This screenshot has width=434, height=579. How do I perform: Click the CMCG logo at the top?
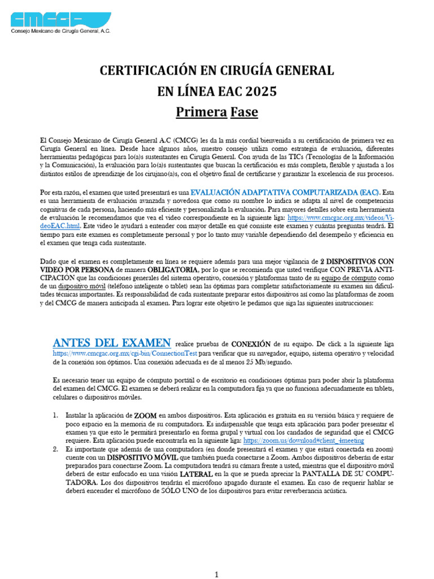point(61,20)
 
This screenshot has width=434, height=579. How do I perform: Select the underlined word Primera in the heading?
point(201,112)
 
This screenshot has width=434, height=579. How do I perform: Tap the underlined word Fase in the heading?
point(244,112)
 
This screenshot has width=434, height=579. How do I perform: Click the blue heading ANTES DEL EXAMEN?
point(112,343)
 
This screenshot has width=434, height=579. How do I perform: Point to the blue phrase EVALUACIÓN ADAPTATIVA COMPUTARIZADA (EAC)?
point(286,192)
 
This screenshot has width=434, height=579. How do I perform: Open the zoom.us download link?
point(303,440)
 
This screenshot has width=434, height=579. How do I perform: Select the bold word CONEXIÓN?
point(250,344)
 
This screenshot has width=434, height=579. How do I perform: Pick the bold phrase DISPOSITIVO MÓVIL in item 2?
point(139,457)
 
